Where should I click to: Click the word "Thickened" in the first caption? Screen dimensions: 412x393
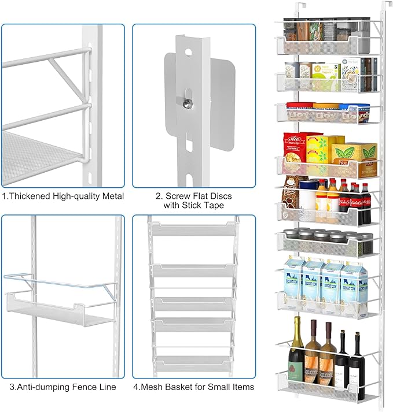click(35, 196)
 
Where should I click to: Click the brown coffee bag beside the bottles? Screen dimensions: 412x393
click(290, 197)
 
